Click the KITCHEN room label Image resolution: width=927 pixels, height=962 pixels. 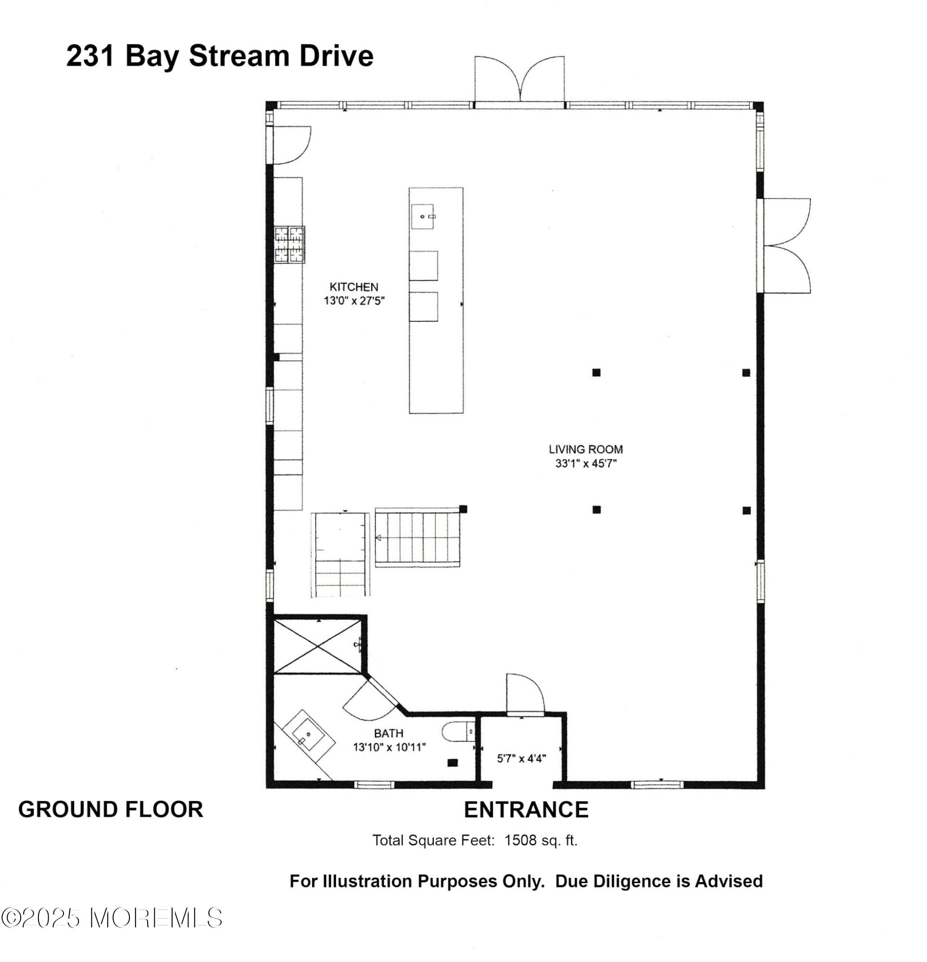coord(353,287)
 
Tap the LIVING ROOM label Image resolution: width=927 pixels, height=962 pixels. coord(586,449)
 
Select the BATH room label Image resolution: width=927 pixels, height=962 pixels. coord(388,733)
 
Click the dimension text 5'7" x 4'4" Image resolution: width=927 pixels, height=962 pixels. coord(521,759)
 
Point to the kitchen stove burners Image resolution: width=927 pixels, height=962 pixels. coord(289,244)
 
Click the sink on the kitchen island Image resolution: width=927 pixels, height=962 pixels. coord(423,216)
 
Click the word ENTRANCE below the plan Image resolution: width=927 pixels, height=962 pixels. coord(526,810)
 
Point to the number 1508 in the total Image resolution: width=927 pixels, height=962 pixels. coord(520,840)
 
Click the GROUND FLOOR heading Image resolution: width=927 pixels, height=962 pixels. coord(111,810)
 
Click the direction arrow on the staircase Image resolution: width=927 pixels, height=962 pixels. coord(379,538)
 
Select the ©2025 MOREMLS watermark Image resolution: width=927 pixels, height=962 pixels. coord(112,918)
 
